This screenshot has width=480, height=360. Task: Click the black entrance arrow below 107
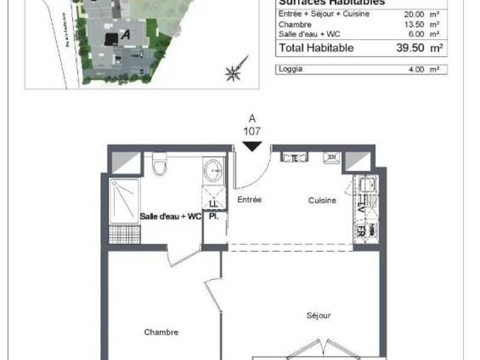(252, 146)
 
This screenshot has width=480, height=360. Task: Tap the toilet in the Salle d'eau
(159, 164)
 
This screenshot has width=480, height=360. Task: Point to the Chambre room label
(161, 332)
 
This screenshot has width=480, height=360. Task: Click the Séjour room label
(318, 315)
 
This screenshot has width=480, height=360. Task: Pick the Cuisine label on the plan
(322, 200)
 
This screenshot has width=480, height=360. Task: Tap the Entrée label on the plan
(250, 200)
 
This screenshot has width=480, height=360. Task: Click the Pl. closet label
(213, 217)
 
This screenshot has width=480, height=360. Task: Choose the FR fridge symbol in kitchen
(362, 231)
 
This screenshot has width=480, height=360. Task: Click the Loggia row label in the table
(290, 69)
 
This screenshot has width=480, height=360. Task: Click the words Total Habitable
(316, 48)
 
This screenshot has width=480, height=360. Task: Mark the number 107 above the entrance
(252, 130)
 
